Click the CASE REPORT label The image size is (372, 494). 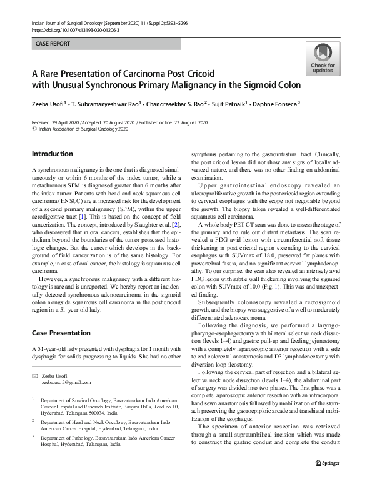coord(53,44)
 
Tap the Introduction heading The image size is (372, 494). coord(52,154)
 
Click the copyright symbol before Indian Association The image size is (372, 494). coord(34,129)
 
